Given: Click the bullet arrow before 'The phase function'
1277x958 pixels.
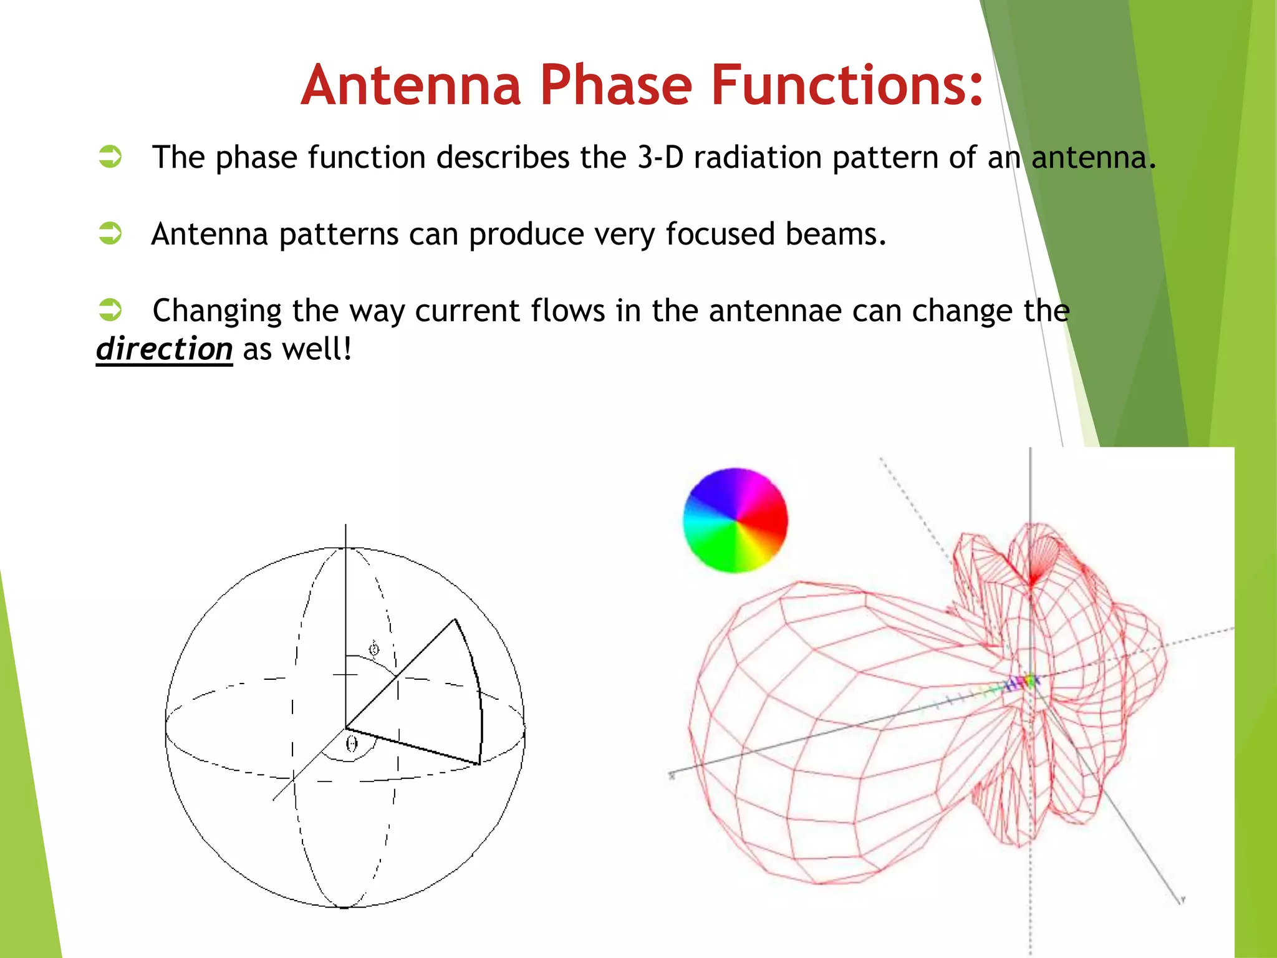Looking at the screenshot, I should pyautogui.click(x=110, y=157).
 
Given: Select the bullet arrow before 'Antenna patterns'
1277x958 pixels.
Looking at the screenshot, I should pyautogui.click(x=110, y=233).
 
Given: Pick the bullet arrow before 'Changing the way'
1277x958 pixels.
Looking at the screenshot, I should pyautogui.click(x=110, y=309).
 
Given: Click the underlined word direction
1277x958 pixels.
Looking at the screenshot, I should pyautogui.click(x=164, y=348).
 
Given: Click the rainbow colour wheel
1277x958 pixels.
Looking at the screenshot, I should pyautogui.click(x=735, y=520).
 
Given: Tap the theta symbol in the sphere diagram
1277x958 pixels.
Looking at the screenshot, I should pyautogui.click(x=352, y=743).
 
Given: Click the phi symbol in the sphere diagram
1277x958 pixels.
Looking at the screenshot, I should pyautogui.click(x=373, y=649).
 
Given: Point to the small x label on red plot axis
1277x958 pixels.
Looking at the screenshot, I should pyautogui.click(x=672, y=776).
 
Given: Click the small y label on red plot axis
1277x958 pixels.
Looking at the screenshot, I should pyautogui.click(x=1182, y=899).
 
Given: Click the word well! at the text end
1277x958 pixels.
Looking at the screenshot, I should pyautogui.click(x=317, y=348).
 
